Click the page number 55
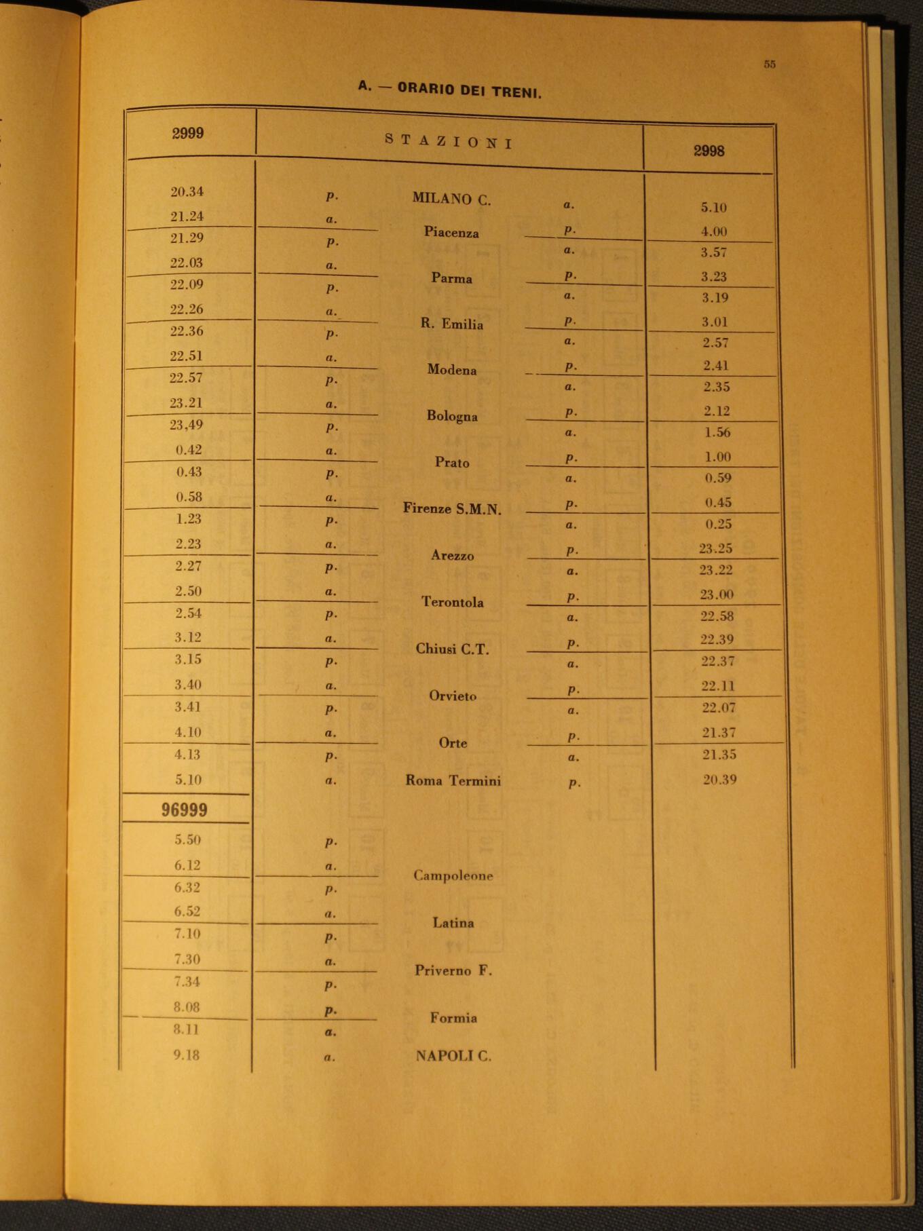[x=769, y=64]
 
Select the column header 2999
[x=188, y=133]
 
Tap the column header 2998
[x=709, y=151]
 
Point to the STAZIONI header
[x=449, y=142]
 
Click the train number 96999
[x=184, y=810]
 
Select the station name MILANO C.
[x=451, y=199]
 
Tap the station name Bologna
[x=452, y=415]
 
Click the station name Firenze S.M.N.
[x=452, y=509]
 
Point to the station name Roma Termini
[x=453, y=780]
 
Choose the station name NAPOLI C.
[x=453, y=1055]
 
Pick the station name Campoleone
[x=453, y=875]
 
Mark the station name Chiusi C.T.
[x=452, y=649]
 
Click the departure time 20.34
[x=187, y=192]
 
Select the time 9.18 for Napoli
[x=186, y=1055]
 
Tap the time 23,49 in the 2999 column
[x=187, y=425]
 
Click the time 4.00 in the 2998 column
[x=714, y=231]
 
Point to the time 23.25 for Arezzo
[x=716, y=548]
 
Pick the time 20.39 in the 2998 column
[x=719, y=780]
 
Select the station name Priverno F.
[x=453, y=970]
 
